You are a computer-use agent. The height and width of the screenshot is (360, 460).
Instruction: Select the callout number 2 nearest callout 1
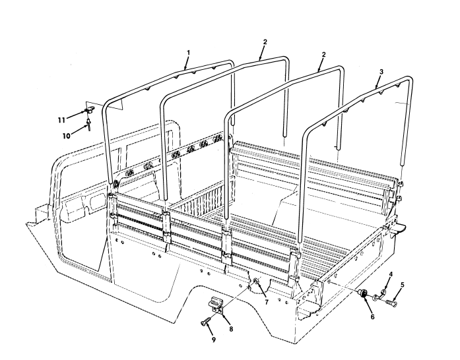point(265,42)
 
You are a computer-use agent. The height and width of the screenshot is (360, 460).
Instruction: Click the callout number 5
point(403,285)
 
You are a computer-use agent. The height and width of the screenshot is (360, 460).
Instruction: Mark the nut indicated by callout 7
point(255,284)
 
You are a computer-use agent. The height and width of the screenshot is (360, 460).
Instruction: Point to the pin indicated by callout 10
point(87,127)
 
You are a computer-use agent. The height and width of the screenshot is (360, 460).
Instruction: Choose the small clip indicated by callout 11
point(89,111)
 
